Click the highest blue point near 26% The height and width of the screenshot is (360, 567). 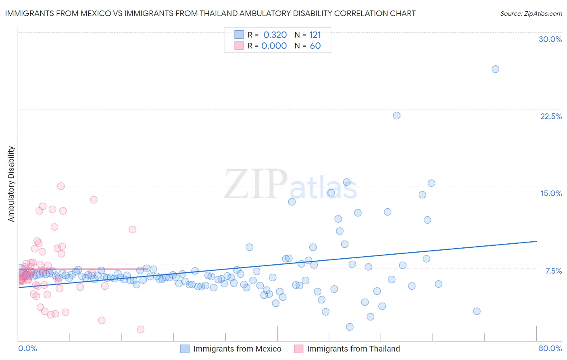[x=495, y=69]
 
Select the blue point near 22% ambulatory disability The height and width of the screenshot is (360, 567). [x=396, y=115]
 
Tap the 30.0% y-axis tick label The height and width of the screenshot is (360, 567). [x=550, y=39]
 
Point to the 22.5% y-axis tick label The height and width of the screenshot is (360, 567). [x=551, y=116]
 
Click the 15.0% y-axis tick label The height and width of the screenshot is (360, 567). [x=551, y=193]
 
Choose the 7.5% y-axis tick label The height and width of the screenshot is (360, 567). [x=553, y=271]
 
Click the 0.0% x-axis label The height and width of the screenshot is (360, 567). [x=27, y=348]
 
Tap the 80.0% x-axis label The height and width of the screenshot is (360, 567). [x=550, y=348]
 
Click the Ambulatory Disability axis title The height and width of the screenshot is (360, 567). [x=11, y=184]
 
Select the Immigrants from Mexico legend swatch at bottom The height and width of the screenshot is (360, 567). [x=185, y=349]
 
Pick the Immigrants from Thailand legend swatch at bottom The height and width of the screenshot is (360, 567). [x=298, y=349]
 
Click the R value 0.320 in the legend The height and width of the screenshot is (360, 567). [x=275, y=35]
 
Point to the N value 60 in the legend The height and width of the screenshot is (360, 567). [x=315, y=46]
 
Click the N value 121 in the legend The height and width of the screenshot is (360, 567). [x=315, y=35]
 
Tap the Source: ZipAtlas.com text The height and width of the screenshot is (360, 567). [x=531, y=14]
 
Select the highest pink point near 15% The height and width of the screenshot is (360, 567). [x=61, y=186]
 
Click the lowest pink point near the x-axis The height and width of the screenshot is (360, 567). [x=140, y=329]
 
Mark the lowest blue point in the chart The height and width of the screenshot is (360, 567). [x=350, y=327]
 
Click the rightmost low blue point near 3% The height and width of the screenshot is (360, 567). [x=477, y=311]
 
